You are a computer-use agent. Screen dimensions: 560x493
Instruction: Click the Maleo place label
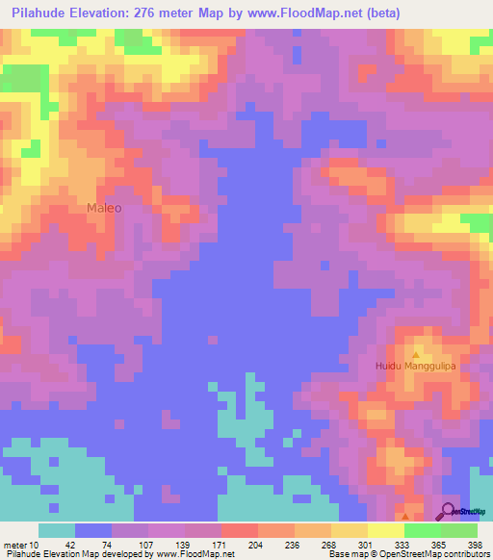pos(104,207)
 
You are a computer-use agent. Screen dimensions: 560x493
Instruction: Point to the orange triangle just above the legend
pos(405,516)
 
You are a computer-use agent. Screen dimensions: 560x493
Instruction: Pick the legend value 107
pos(145,545)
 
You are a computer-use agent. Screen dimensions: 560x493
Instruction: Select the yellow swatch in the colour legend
pos(349,530)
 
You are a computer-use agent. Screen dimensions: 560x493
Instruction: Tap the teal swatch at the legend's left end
pos(56,530)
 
